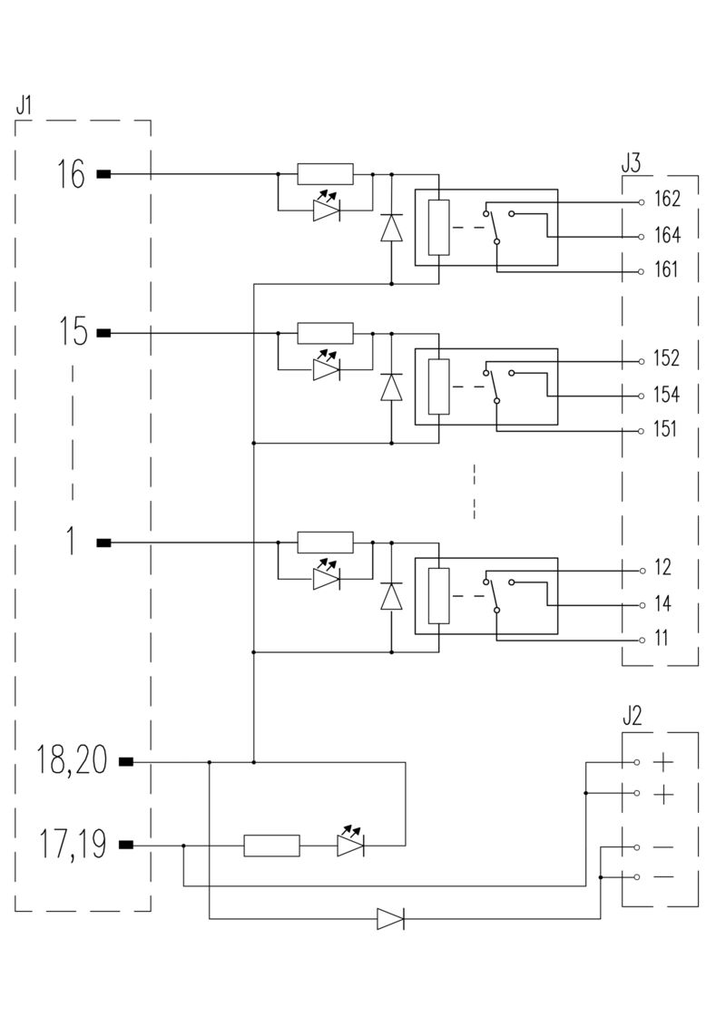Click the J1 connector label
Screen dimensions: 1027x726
pyautogui.click(x=24, y=103)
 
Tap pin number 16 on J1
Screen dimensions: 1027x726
pyautogui.click(x=71, y=173)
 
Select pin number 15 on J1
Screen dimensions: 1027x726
pyautogui.click(x=73, y=333)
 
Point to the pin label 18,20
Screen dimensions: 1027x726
pyautogui.click(x=71, y=760)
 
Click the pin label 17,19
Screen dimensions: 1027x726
pyautogui.click(x=73, y=845)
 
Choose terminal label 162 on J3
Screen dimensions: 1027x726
pyautogui.click(x=667, y=200)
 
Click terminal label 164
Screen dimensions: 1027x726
pyautogui.click(x=667, y=236)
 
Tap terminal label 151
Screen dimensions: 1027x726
pyautogui.click(x=665, y=430)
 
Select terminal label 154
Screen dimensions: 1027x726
pyautogui.click(x=667, y=396)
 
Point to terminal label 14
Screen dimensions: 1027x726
pyautogui.click(x=662, y=604)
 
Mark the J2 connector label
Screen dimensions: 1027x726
pyautogui.click(x=633, y=716)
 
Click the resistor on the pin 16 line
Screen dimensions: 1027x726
pyautogui.click(x=325, y=173)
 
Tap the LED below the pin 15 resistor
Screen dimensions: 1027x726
pyautogui.click(x=327, y=368)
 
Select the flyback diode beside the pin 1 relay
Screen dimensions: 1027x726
pyautogui.click(x=391, y=596)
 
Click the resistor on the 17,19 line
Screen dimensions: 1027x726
pyautogui.click(x=271, y=846)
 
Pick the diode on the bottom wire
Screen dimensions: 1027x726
pyautogui.click(x=390, y=919)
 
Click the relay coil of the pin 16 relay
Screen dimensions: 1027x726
pyautogui.click(x=438, y=228)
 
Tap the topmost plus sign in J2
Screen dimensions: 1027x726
pyautogui.click(x=664, y=761)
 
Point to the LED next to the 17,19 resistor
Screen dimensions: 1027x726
pyautogui.click(x=350, y=845)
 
